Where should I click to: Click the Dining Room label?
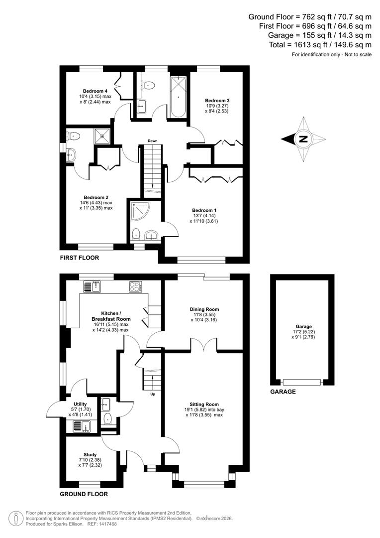tap(204, 309)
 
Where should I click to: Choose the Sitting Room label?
tap(204, 404)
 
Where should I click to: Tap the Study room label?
tap(90, 454)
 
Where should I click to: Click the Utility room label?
tap(80, 404)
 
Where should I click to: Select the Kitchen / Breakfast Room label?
tap(111, 316)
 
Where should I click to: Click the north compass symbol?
tap(303, 139)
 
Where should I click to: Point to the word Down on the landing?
tap(152, 141)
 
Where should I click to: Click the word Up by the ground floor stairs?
tap(152, 394)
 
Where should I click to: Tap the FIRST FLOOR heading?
tap(79, 258)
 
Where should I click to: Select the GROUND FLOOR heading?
tap(84, 494)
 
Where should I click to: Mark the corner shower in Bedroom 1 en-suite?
tap(138, 210)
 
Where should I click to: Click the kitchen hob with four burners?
tap(135, 286)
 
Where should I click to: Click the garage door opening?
tap(301, 382)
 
